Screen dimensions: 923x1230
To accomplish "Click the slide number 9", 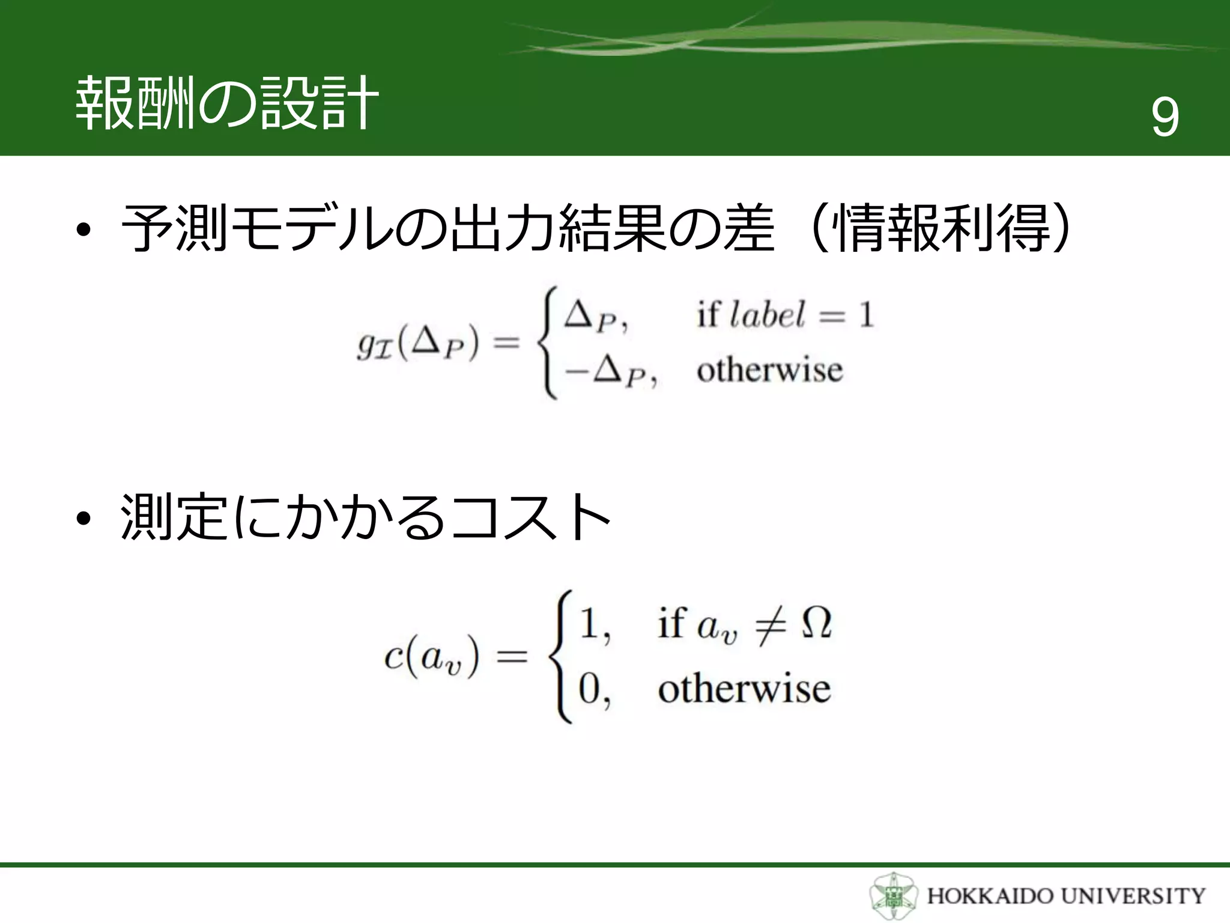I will [1165, 118].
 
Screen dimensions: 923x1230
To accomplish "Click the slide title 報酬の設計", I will [226, 103].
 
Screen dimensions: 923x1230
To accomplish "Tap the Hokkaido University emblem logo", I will [893, 895].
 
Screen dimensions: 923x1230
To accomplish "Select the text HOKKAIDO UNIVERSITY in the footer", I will [1066, 896].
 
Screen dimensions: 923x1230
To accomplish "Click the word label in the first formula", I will [767, 315].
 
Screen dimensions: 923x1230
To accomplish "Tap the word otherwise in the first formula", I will [769, 370].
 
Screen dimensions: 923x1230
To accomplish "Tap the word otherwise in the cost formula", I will [744, 689].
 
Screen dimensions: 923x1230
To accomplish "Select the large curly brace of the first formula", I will [548, 343].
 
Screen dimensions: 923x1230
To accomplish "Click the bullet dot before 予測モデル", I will [83, 231].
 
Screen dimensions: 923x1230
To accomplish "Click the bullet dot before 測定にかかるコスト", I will [83, 518].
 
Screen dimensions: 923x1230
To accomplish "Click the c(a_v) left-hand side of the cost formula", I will [431, 656].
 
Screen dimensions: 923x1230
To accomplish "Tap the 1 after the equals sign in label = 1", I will [865, 315].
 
